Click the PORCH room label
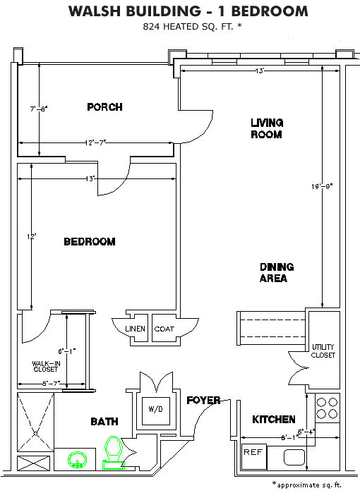pos(104,107)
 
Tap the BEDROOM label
pos(90,241)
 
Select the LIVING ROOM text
pos(267,128)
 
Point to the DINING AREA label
pos(277,272)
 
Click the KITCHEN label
pos(274,420)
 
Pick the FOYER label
pos(203,400)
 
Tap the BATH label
pos(104,421)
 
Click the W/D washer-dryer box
pos(156,411)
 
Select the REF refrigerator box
pos(254,457)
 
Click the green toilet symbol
pos(113,453)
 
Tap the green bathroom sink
pos(76,460)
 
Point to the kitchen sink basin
pos(294,457)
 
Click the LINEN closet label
pos(136,329)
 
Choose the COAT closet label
pos(164,329)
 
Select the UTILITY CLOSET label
pos(323,351)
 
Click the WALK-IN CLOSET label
pos(46,366)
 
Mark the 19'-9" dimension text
pos(322,186)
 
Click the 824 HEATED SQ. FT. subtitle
pos(192,26)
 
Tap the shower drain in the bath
pos(35,434)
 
